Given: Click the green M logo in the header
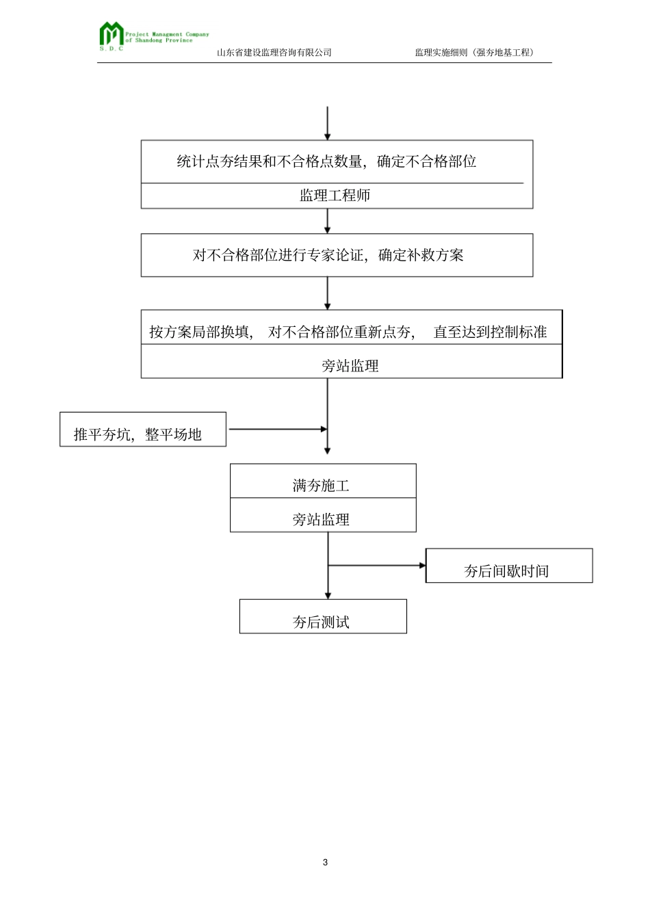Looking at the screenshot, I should (x=111, y=35).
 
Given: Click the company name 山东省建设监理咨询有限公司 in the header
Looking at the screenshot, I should (x=274, y=53).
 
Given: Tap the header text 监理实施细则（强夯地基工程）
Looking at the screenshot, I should (x=475, y=53).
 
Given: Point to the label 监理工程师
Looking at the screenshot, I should (x=335, y=196).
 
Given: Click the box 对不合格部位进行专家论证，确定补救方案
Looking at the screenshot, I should (x=336, y=255).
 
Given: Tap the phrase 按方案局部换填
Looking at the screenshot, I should (x=201, y=332).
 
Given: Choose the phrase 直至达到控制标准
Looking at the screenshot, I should (x=490, y=332).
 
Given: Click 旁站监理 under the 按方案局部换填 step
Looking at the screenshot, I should (x=350, y=366).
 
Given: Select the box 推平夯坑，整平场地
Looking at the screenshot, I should (x=142, y=430).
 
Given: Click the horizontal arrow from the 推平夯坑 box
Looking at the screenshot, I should (x=277, y=430).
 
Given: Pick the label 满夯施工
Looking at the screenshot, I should (x=321, y=486).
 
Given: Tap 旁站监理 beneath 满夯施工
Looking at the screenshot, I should (x=321, y=520).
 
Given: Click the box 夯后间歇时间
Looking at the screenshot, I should (x=508, y=566).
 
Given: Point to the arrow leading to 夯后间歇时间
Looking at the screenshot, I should (x=376, y=566).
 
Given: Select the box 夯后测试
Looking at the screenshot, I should (x=322, y=617).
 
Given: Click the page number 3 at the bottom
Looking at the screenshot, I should (x=325, y=862).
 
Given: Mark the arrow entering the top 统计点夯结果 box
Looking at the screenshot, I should (x=328, y=124).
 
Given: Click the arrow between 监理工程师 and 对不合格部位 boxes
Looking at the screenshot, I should (x=328, y=221).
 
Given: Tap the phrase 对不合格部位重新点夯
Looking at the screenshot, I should (x=341, y=332).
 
